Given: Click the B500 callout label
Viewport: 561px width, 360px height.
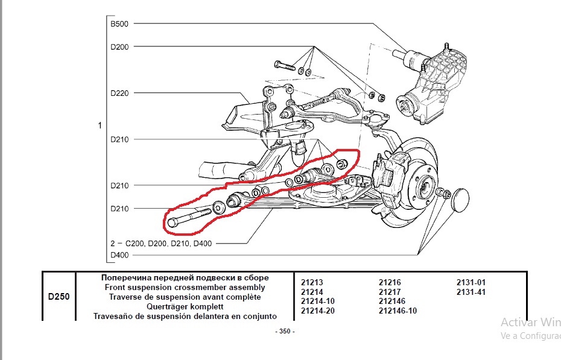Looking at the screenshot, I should click(119, 24).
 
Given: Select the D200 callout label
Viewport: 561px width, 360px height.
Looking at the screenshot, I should click(119, 46).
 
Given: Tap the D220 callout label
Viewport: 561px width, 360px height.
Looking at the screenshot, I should click(119, 93).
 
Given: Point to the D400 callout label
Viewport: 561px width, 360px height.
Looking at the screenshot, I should click(119, 255).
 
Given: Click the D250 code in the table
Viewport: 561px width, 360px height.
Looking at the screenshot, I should click(59, 297).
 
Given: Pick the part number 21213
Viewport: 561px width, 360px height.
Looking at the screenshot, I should click(312, 282).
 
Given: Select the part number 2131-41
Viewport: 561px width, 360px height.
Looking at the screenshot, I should click(471, 292).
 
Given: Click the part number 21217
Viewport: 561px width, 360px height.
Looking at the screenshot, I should click(390, 292).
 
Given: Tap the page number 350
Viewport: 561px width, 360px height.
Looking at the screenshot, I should click(285, 331).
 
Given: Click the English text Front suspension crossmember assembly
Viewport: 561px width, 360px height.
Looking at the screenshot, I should click(185, 288).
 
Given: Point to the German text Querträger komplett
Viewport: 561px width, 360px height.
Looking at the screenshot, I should click(185, 306).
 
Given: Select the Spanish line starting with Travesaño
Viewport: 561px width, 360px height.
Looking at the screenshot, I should click(185, 316).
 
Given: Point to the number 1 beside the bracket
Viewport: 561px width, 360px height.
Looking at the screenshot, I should click(100, 125).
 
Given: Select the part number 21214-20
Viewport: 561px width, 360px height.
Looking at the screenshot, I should click(317, 311).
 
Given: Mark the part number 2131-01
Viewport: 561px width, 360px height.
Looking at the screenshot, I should click(471, 282).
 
